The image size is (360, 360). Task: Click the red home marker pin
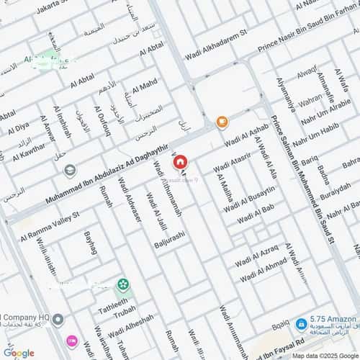click(x=180, y=163)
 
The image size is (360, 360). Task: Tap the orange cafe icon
click(x=222, y=121)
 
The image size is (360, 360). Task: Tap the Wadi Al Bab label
click(x=255, y=212)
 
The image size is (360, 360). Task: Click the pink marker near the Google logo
click(x=71, y=340)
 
